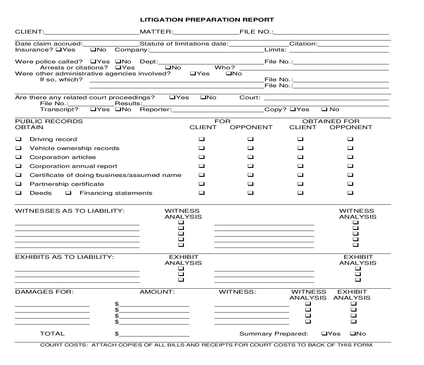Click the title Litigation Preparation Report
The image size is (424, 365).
click(x=207, y=20)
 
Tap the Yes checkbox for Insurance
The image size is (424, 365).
click(x=59, y=50)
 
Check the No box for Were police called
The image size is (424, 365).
click(x=118, y=62)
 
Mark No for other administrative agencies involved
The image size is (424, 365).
click(x=229, y=74)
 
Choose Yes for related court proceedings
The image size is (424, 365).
click(x=172, y=98)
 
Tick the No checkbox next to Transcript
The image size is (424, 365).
click(x=118, y=110)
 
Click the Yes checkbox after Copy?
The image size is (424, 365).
click(x=293, y=110)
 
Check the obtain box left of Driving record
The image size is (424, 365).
click(x=19, y=139)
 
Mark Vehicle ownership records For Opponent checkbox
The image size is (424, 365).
click(x=250, y=148)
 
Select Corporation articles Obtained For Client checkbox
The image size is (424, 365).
click(x=300, y=157)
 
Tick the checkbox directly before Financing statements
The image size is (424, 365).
click(x=69, y=193)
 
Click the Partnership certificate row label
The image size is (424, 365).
click(x=67, y=184)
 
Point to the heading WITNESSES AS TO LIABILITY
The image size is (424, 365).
click(x=70, y=211)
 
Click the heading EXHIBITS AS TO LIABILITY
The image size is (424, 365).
click(x=64, y=257)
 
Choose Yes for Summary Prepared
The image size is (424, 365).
click(x=324, y=334)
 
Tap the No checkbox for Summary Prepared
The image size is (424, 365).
click(x=353, y=334)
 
